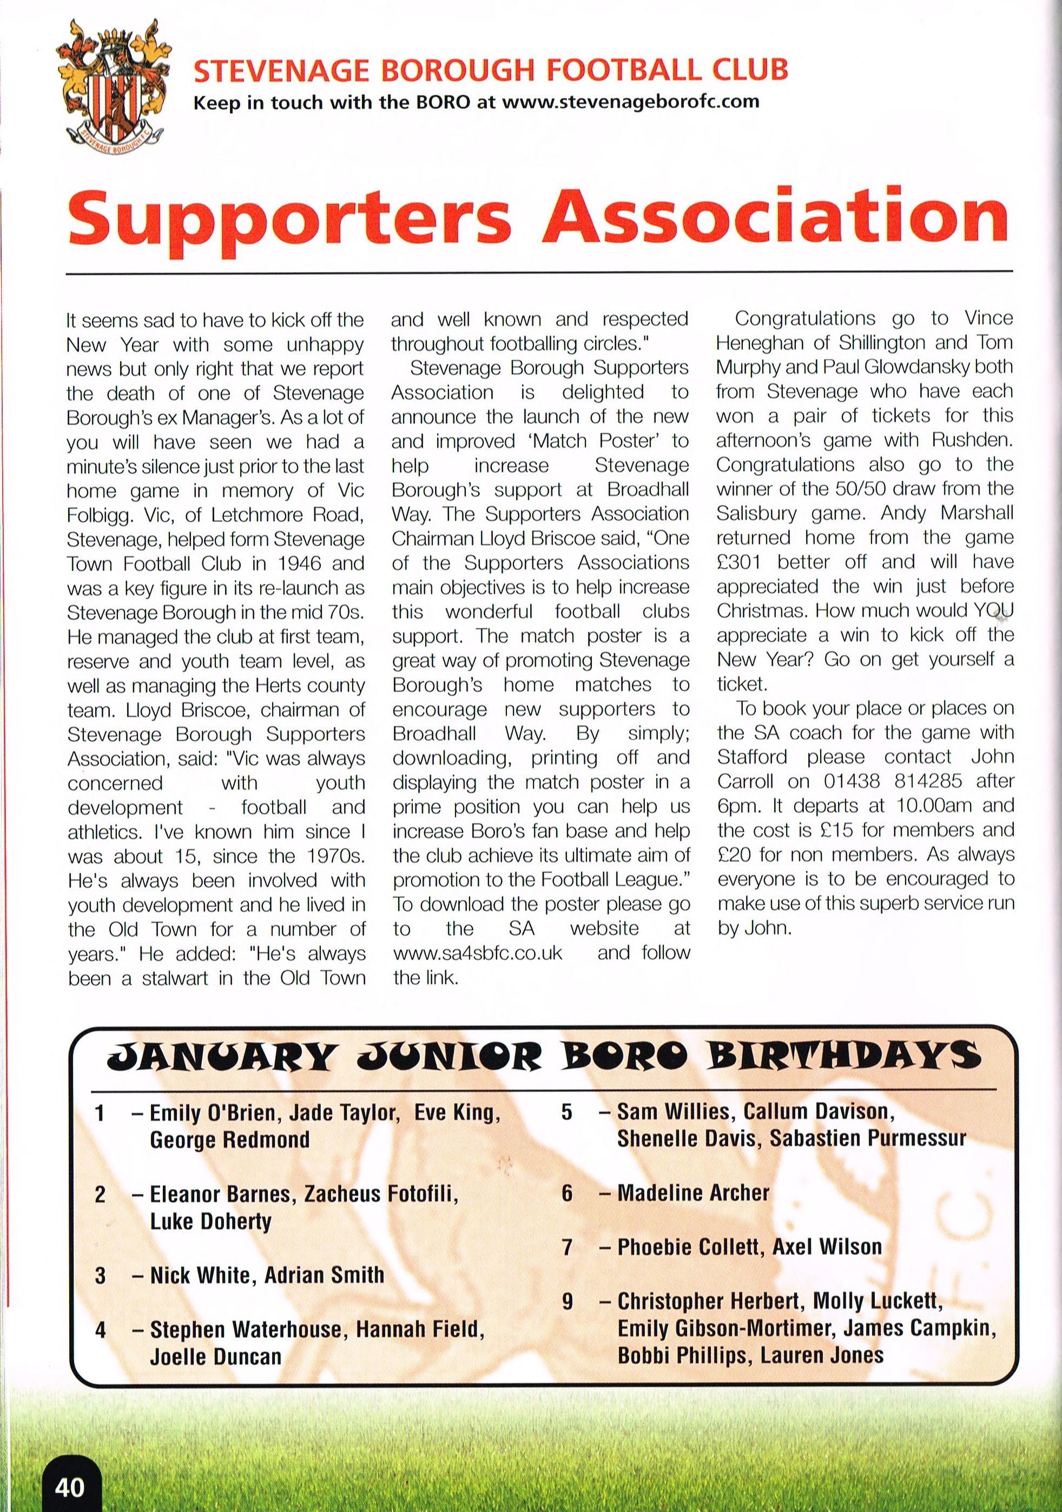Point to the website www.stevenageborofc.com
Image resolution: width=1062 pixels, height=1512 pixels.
click(630, 103)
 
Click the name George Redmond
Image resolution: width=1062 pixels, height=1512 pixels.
click(230, 1140)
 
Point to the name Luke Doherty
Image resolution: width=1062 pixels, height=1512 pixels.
click(211, 1222)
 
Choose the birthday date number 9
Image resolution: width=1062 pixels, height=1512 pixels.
click(567, 1301)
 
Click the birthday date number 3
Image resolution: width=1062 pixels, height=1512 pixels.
click(100, 1276)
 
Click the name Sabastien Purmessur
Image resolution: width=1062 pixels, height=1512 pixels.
click(868, 1139)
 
